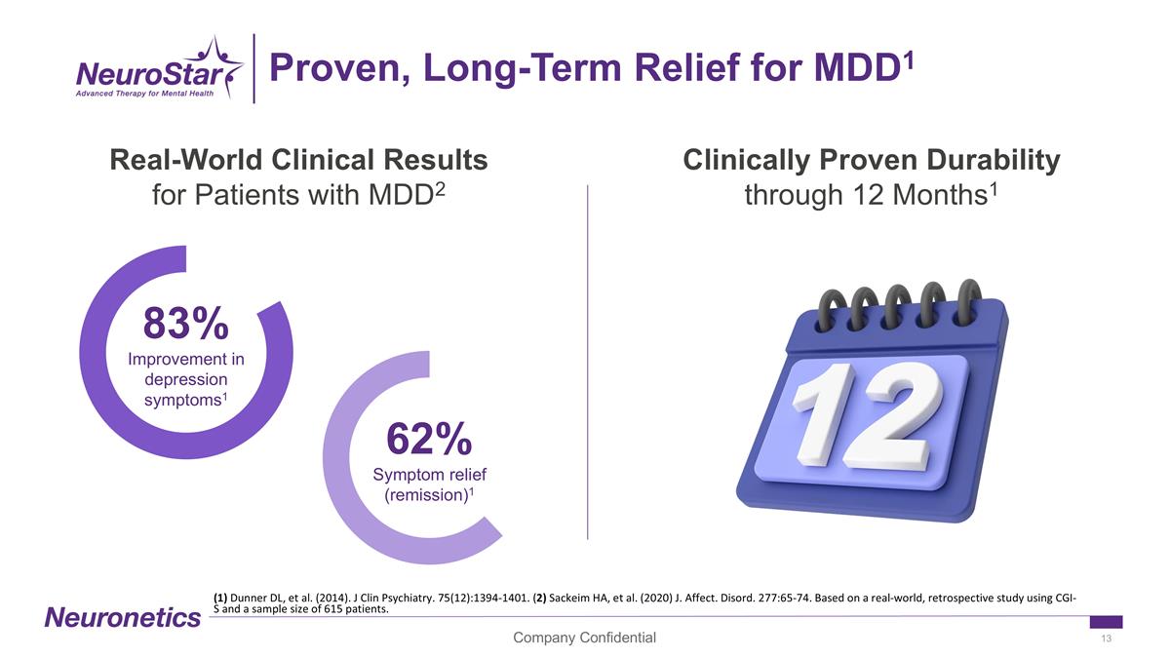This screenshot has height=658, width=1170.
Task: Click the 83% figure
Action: coord(186,323)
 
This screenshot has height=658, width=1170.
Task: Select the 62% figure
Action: coord(429,439)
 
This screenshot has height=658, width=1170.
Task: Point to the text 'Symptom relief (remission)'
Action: coord(429,484)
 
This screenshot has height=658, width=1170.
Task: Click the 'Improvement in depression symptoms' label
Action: coord(186,378)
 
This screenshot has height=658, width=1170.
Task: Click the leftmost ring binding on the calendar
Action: coord(830,310)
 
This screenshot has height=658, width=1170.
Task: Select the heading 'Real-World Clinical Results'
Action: coord(298,160)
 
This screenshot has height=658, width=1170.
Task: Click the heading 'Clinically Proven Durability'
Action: coord(871,160)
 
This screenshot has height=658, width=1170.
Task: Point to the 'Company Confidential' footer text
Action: coord(585,638)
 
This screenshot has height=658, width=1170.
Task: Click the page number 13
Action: coord(1106,639)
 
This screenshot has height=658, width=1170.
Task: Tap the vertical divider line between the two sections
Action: coord(588,361)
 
